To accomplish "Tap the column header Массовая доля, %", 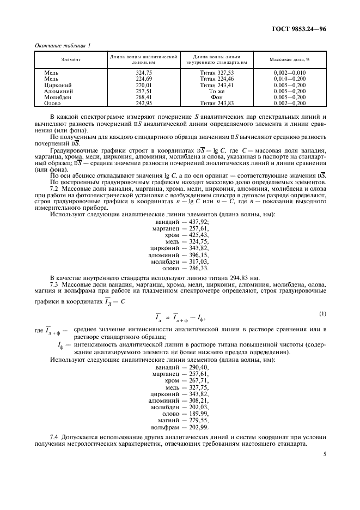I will click(290, 59).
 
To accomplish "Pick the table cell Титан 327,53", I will click(216, 72).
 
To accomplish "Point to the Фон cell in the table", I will click(217, 98).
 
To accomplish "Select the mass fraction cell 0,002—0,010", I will click(290, 72).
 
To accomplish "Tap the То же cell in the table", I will click(217, 92).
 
